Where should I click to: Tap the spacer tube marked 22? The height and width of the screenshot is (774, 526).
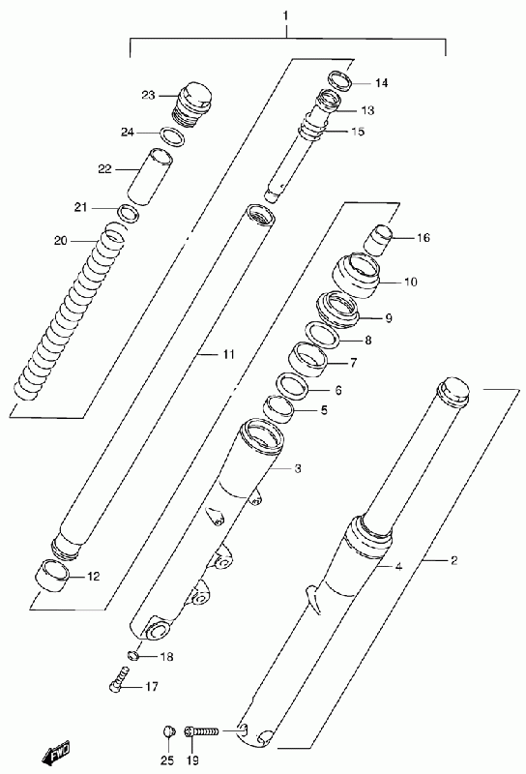click(150, 176)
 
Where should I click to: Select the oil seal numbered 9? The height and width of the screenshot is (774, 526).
click(338, 310)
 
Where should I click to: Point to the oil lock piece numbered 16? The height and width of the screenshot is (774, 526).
click(377, 240)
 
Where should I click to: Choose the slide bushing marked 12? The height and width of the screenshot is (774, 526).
click(52, 575)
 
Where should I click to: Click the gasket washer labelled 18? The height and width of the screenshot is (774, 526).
click(131, 656)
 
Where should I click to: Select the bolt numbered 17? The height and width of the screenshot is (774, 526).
click(118, 678)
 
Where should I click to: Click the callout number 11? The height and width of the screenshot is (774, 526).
click(228, 354)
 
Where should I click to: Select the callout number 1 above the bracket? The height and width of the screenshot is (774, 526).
click(285, 15)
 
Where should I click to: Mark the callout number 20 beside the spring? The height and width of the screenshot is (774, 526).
click(61, 241)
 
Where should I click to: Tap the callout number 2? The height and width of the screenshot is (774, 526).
click(453, 560)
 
